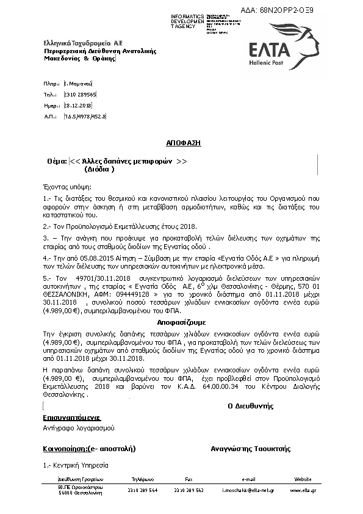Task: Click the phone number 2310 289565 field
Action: tap(80, 95)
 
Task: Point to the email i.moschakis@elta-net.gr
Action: tap(248, 490)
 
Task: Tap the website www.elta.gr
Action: tap(303, 490)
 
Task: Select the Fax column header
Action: tap(189, 479)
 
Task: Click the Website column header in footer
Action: tap(303, 479)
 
